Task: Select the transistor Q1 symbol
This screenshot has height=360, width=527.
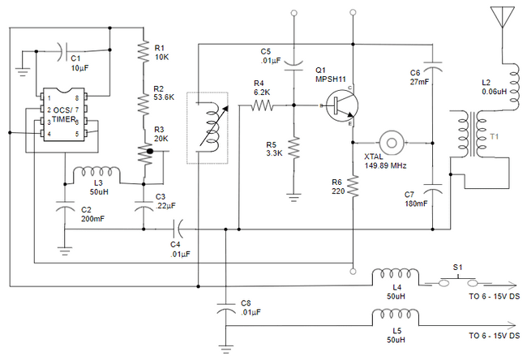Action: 340,105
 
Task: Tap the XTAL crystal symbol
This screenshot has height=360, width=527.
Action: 392,142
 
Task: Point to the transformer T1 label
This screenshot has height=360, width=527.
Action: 495,138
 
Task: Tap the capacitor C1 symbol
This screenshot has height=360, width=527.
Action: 64,54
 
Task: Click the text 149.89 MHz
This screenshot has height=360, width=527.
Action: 385,165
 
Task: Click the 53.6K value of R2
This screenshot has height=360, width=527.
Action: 165,98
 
